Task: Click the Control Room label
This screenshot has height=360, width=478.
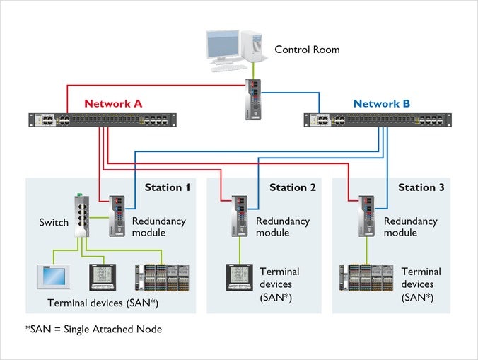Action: click(307, 50)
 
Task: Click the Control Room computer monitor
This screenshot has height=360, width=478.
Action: click(227, 45)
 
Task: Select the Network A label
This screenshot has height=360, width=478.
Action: click(113, 103)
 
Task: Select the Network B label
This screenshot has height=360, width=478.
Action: click(381, 103)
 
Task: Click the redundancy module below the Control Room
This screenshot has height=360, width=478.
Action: click(255, 99)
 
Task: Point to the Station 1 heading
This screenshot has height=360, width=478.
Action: click(168, 187)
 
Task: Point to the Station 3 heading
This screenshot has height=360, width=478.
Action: click(421, 187)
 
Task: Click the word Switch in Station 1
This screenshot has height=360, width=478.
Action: click(54, 222)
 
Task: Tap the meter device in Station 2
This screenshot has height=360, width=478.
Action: click(238, 277)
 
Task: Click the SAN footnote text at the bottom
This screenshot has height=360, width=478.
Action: click(93, 330)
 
